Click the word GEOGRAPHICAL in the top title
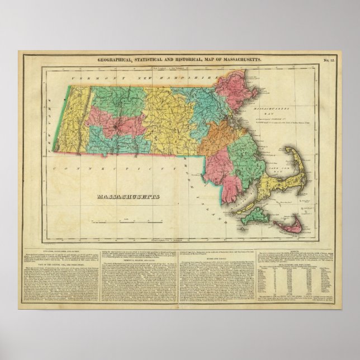(115, 59)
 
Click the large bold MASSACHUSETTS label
(129, 197)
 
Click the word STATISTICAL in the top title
(154, 59)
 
